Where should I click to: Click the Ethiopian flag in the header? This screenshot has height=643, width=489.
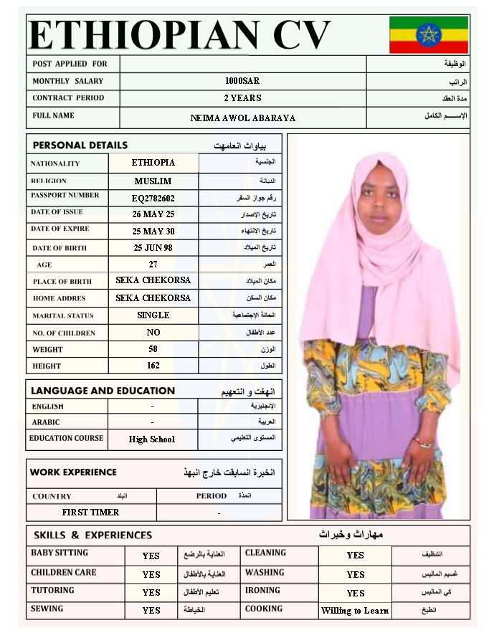pos(429,34)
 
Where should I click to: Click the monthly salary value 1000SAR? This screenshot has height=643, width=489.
pos(242,81)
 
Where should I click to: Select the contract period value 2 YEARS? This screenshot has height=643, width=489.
pos(242,98)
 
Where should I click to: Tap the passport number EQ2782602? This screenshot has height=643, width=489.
pos(153,198)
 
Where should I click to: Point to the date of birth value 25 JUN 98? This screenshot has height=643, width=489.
pos(153,248)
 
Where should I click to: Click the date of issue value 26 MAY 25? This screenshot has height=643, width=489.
pos(153,214)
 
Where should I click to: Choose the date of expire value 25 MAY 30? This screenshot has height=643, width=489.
pos(153,232)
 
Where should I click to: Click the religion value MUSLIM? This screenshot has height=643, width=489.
pos(153,181)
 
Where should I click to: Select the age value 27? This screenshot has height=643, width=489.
pos(153,265)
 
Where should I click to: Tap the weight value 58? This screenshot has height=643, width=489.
pos(153,349)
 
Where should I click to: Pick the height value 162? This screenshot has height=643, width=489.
pos(153,366)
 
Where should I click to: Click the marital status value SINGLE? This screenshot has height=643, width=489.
pos(153,315)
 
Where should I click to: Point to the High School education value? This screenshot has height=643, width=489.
pos(152,439)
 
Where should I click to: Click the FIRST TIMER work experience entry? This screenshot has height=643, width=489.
pos(91,513)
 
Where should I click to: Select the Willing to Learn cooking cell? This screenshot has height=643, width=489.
pos(355,611)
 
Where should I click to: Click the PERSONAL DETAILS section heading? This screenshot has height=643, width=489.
pos(80,146)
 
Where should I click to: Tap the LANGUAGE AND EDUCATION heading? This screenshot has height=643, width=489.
pos(103,391)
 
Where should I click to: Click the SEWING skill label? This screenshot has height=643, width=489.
pos(47,609)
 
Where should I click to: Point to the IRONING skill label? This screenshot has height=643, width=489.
pos(262,590)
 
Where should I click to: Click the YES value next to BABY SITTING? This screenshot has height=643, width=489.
pos(151,556)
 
